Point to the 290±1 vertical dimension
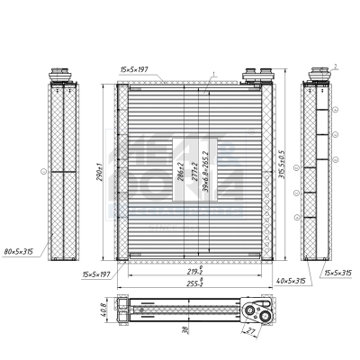click(x=102, y=172)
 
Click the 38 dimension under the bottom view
click(x=184, y=330)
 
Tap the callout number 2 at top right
click(x=334, y=66)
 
